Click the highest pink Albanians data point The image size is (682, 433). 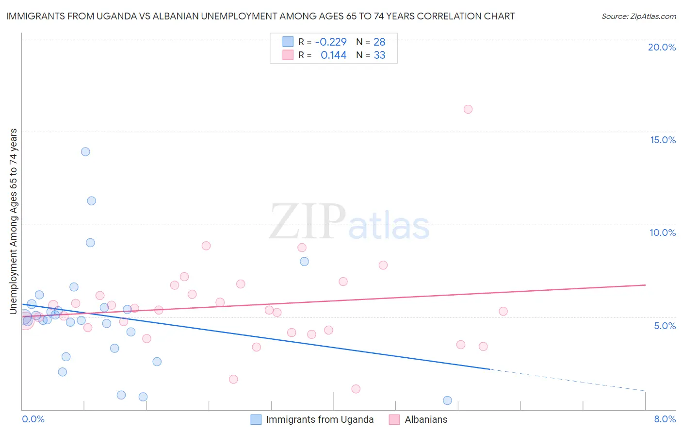(x=468, y=109)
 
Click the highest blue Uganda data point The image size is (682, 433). (x=85, y=151)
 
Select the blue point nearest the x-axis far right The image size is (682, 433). (x=447, y=400)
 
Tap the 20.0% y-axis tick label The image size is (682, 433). (x=662, y=47)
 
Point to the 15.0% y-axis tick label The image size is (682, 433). (x=663, y=140)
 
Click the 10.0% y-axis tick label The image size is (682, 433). (x=663, y=233)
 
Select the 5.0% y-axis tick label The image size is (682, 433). (x=665, y=326)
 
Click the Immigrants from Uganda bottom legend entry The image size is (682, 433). (x=320, y=419)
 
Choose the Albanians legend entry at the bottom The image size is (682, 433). (x=426, y=419)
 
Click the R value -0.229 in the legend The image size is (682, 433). (x=331, y=42)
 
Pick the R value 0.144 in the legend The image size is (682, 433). (x=333, y=55)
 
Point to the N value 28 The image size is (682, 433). (x=379, y=42)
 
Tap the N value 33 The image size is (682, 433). (x=379, y=55)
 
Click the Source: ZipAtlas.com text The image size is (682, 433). (x=638, y=17)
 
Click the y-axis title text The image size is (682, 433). (x=14, y=221)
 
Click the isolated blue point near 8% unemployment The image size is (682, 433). (x=304, y=262)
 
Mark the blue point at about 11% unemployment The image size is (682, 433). (x=91, y=201)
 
